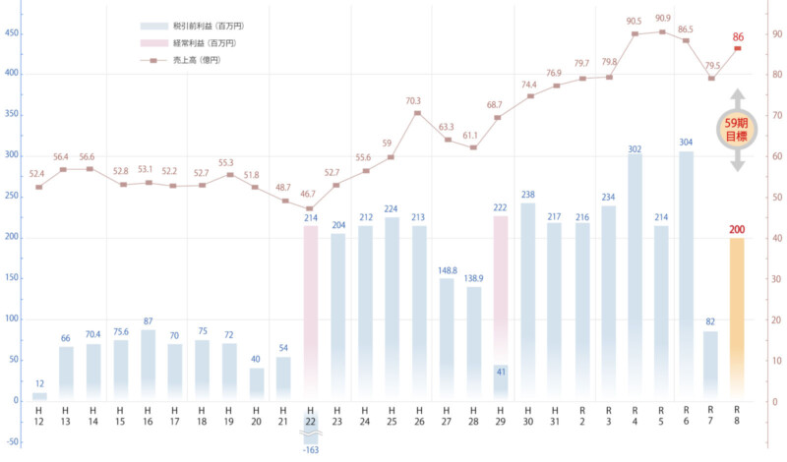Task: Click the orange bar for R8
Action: (x=738, y=318)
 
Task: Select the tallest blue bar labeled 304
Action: (x=686, y=275)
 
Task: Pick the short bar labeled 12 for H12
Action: (x=39, y=396)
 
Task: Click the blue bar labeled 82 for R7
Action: (x=710, y=366)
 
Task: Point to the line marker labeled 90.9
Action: (x=661, y=31)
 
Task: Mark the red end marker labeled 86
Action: (x=738, y=49)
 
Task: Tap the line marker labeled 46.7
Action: (x=311, y=208)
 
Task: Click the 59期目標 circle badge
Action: (x=737, y=130)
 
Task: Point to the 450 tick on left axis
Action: (x=12, y=32)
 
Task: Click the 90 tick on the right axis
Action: (x=776, y=34)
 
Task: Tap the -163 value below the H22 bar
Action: (x=311, y=450)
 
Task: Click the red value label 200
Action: (x=738, y=230)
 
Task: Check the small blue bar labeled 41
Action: (x=500, y=382)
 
